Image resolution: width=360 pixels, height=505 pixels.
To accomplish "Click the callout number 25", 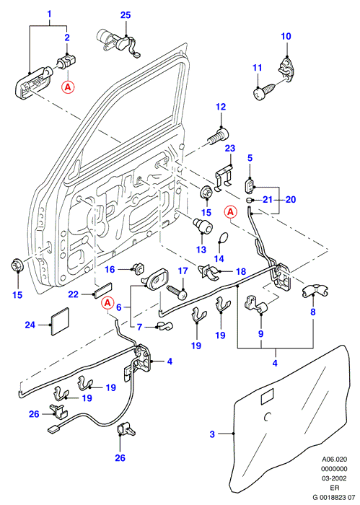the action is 126,15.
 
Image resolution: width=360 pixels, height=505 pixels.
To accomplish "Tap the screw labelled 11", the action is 264,92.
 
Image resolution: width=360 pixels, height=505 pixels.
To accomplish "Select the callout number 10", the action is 286,36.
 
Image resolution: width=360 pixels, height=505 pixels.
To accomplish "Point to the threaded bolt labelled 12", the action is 219,136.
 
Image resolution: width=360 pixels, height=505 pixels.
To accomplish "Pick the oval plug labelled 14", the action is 222,237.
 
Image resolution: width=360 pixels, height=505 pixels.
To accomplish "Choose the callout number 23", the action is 230,148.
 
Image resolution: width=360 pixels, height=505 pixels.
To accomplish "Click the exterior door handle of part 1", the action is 33,83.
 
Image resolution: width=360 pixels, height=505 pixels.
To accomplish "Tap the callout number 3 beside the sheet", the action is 212,434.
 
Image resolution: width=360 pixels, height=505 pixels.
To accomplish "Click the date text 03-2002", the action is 334,478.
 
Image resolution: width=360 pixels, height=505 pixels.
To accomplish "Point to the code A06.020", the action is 335,460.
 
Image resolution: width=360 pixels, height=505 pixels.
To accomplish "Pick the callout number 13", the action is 201,250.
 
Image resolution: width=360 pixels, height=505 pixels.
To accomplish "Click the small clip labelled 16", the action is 139,267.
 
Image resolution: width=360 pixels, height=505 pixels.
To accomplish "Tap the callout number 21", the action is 268,200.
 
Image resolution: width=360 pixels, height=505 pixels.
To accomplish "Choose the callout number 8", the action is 312,312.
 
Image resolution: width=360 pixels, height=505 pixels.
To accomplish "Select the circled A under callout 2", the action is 68,87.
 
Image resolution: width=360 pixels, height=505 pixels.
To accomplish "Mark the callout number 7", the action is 139,328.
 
